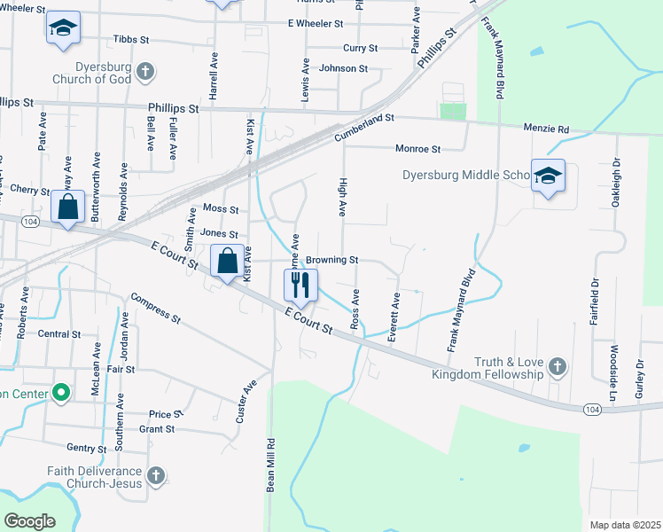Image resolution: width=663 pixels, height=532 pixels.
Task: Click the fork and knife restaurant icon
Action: [x=300, y=284]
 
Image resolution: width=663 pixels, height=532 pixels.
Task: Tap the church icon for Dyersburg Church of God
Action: [x=147, y=71]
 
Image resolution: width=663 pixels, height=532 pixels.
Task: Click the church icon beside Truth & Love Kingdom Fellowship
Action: [x=557, y=366]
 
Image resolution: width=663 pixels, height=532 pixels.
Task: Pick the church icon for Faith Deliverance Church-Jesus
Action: [x=155, y=477]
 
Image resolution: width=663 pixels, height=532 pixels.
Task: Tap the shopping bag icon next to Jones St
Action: [x=227, y=262]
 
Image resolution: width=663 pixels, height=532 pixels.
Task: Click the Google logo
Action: [x=29, y=521]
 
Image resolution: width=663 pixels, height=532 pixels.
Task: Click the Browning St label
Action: [x=332, y=261]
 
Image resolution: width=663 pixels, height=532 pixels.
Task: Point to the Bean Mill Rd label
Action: [x=270, y=462]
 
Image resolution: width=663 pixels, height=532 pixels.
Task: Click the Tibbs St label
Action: [x=132, y=40]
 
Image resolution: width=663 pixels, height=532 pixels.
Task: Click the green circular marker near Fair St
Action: [x=61, y=391]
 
